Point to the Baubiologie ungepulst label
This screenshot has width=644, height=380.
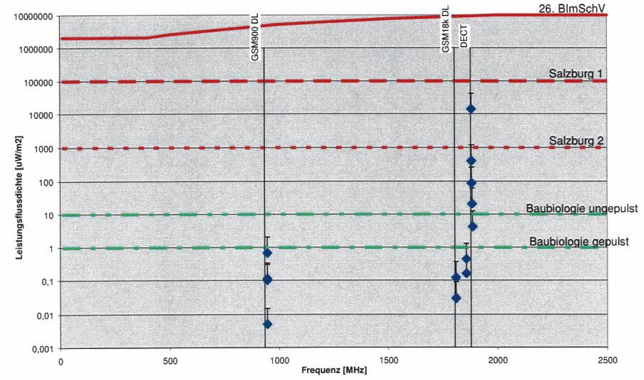[x=582, y=208]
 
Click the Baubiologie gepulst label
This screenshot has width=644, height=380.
[x=586, y=242]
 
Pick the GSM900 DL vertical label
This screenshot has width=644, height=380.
[x=255, y=37]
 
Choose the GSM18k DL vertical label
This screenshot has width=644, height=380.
[x=445, y=29]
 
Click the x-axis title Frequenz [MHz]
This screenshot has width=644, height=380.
[x=334, y=370]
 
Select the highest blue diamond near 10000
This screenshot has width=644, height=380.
[x=471, y=109]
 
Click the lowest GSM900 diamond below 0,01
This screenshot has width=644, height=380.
[x=267, y=324]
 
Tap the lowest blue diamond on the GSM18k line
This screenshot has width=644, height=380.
[x=456, y=298]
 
